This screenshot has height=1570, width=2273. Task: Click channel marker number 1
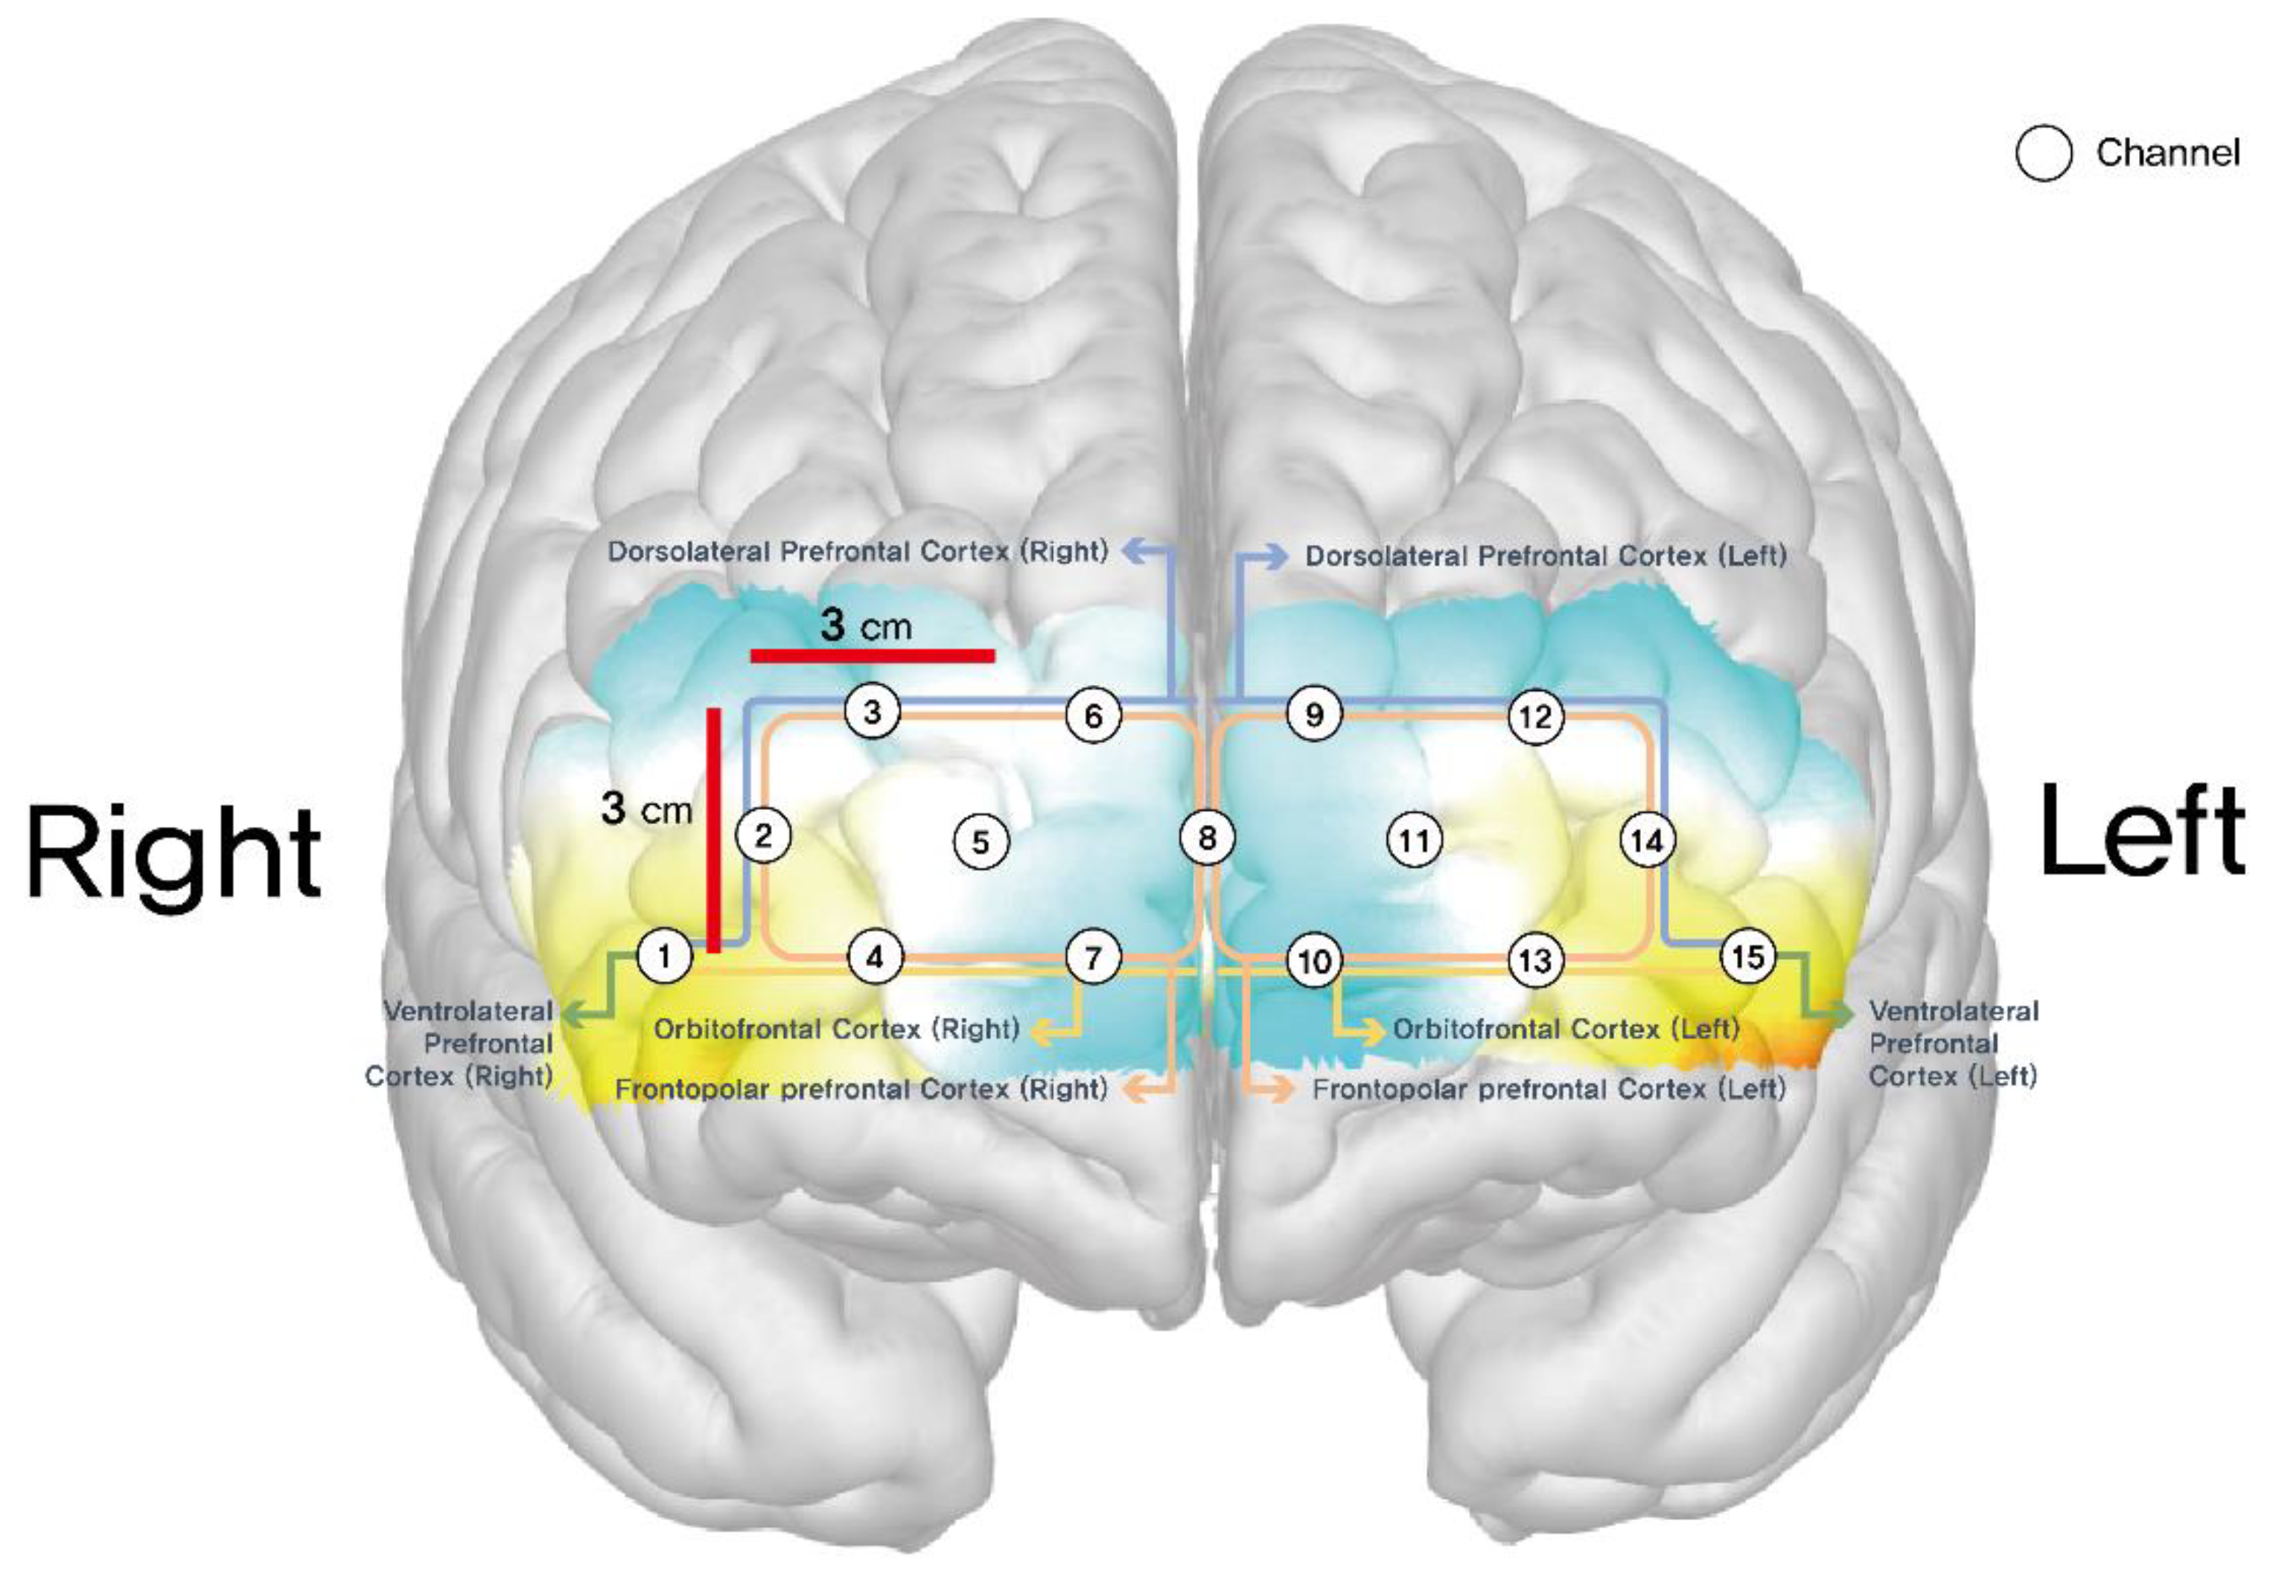(x=665, y=955)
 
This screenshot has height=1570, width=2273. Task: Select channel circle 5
(x=981, y=841)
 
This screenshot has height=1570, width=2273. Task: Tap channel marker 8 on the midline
(x=1207, y=838)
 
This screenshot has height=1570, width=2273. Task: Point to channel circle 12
(x=1535, y=717)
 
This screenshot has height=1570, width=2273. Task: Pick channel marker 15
(x=1748, y=955)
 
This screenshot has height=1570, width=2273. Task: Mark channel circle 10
(x=1315, y=960)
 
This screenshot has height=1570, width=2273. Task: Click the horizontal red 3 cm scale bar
(x=873, y=655)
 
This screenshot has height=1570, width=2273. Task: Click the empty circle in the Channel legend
(x=2044, y=153)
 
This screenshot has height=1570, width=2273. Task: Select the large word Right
(x=174, y=851)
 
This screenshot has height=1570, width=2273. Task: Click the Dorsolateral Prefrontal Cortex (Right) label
(x=858, y=551)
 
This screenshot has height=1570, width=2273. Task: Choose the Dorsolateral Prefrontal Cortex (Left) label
(x=1545, y=556)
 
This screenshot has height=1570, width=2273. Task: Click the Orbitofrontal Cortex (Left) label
(x=1566, y=1029)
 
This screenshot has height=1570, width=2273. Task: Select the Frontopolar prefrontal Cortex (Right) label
(x=861, y=1089)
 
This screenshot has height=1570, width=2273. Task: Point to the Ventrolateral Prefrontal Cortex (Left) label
(x=1952, y=1043)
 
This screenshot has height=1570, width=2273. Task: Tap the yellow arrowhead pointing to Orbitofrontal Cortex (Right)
(x=1036, y=1031)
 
